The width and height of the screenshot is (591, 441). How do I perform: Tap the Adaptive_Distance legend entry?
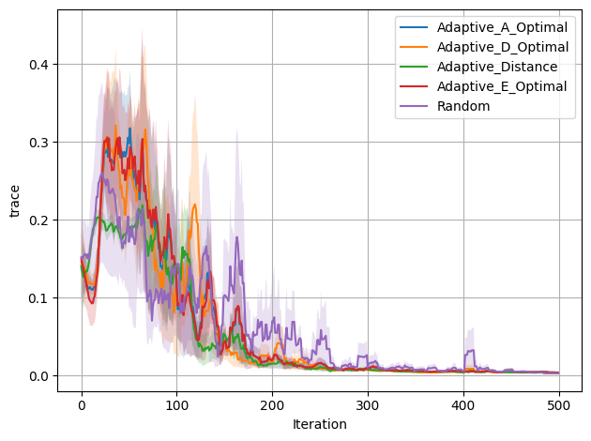pyautogui.click(x=498, y=67)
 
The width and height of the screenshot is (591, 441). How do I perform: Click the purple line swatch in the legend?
pyautogui.click(x=414, y=106)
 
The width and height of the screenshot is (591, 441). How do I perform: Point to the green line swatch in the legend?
pyautogui.click(x=414, y=67)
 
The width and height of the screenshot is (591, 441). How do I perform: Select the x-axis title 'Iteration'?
pyautogui.click(x=320, y=424)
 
